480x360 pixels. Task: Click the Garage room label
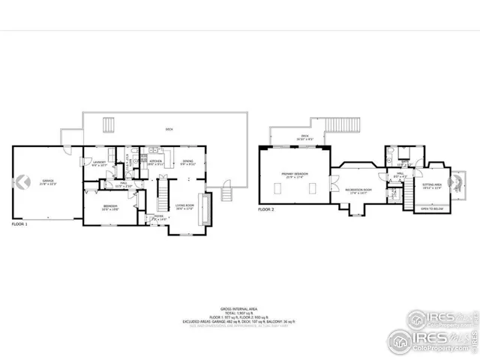48,181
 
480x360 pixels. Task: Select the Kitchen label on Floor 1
155,161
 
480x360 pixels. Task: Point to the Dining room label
188,161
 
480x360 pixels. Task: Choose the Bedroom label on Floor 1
110,208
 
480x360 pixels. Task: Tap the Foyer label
158,217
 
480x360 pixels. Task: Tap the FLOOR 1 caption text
20,224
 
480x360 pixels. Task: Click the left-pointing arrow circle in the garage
22,181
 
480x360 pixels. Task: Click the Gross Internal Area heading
240,308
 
